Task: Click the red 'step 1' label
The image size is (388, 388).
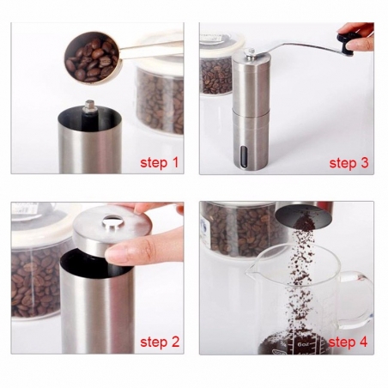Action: (x=159, y=161)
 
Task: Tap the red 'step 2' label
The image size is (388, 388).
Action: (x=159, y=343)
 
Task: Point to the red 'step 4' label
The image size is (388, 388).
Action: (x=349, y=343)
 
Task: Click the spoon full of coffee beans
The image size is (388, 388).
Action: (x=88, y=57)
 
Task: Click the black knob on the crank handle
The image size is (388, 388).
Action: (x=346, y=41)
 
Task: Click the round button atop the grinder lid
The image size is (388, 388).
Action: (x=111, y=225)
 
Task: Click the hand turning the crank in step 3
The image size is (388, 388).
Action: (x=360, y=33)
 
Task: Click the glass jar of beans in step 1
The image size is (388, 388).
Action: (x=160, y=94)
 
